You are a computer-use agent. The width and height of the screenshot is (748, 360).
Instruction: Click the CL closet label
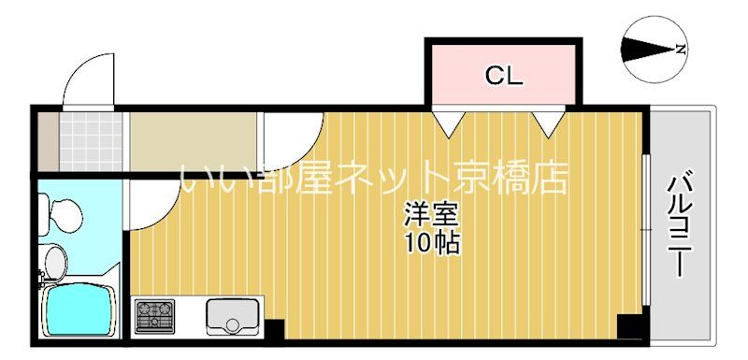(503, 77)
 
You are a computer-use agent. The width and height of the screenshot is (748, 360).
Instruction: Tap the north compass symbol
(653, 50)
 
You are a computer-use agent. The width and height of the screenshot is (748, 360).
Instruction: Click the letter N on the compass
(682, 50)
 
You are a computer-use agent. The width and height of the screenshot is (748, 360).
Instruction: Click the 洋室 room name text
(431, 214)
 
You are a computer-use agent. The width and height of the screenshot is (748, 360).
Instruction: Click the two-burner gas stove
(155, 315)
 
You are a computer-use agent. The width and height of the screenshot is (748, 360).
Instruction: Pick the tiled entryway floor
(92, 140)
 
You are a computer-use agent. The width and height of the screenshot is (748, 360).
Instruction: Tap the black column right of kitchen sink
(274, 328)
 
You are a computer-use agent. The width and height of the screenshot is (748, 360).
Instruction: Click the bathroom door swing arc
(150, 201)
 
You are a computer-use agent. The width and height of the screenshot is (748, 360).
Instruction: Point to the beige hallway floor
(192, 140)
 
